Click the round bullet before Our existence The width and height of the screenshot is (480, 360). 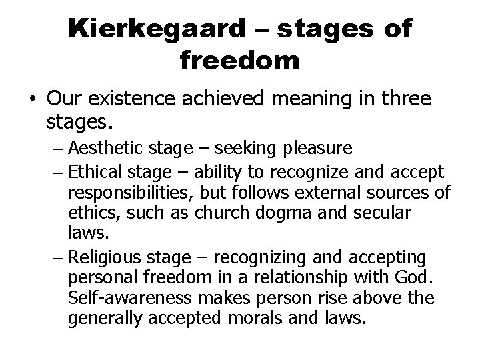(31, 99)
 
